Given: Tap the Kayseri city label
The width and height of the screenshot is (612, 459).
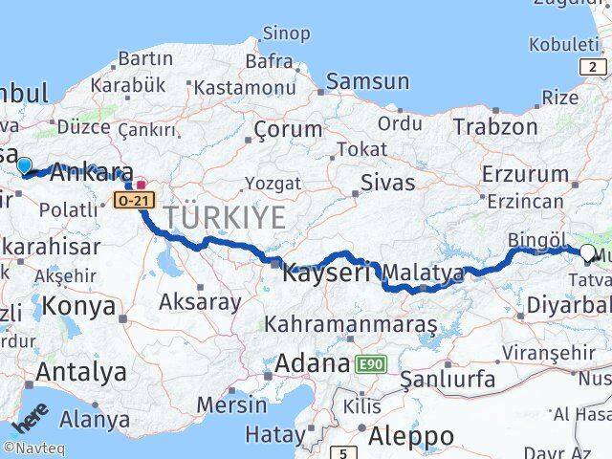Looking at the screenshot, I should [326, 273].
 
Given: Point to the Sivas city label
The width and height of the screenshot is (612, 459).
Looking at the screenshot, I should [388, 182].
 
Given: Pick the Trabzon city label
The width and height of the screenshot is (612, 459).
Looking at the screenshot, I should [495, 126].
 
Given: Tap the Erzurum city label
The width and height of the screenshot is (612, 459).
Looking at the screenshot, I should [525, 174].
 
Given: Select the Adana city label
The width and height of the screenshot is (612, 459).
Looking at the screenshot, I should [312, 363].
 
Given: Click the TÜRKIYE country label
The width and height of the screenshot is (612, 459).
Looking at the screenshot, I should [225, 217].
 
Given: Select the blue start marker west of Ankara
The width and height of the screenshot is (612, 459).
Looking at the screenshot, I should [24, 164].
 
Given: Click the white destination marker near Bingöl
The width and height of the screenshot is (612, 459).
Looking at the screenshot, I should [587, 252].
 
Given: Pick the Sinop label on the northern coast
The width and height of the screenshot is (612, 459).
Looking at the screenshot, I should [285, 34].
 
